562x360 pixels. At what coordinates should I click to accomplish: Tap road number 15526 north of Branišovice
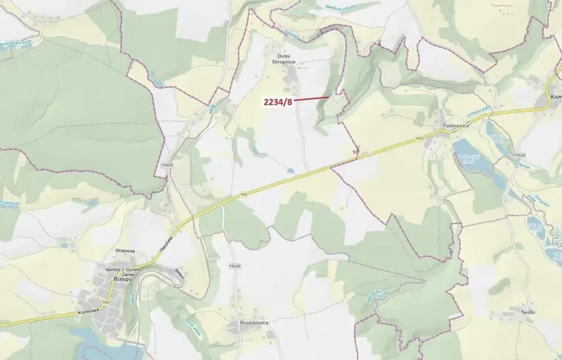click(235, 265)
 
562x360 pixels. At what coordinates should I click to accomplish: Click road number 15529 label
click(167, 165)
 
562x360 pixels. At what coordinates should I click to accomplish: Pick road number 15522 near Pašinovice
click(518, 157)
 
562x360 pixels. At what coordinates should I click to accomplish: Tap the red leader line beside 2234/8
click(313, 98)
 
